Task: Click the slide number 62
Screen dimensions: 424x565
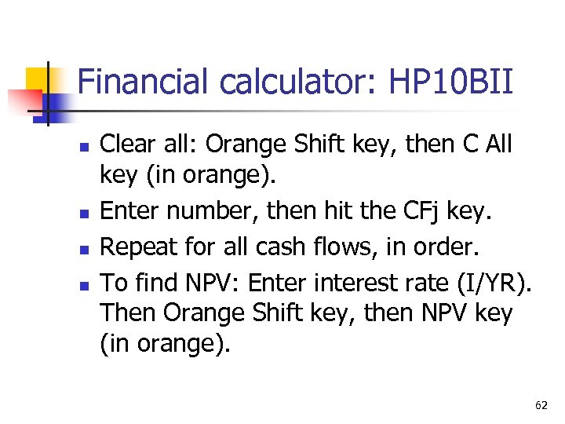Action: point(541,405)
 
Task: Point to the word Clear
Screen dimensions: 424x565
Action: point(129,144)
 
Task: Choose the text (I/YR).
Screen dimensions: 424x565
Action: point(490,280)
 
